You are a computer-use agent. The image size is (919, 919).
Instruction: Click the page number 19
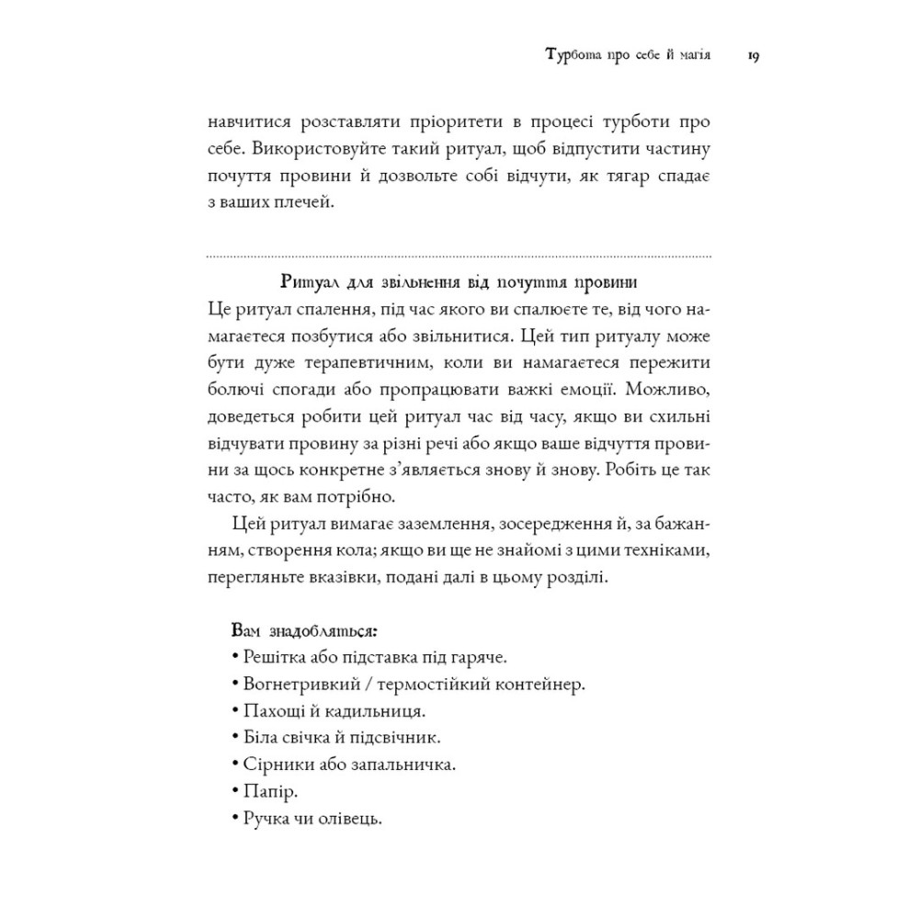click(752, 57)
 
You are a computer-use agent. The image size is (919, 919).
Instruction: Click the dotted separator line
click(459, 255)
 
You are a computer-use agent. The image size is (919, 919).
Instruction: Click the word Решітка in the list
click(269, 658)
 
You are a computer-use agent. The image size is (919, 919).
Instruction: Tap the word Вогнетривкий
click(291, 685)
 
